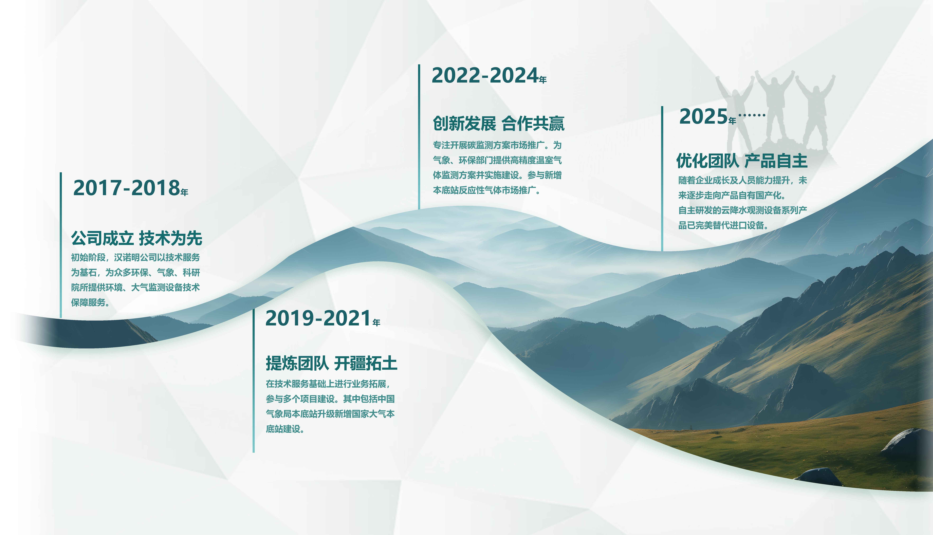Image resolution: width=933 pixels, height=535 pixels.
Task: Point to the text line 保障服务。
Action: point(90,302)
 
